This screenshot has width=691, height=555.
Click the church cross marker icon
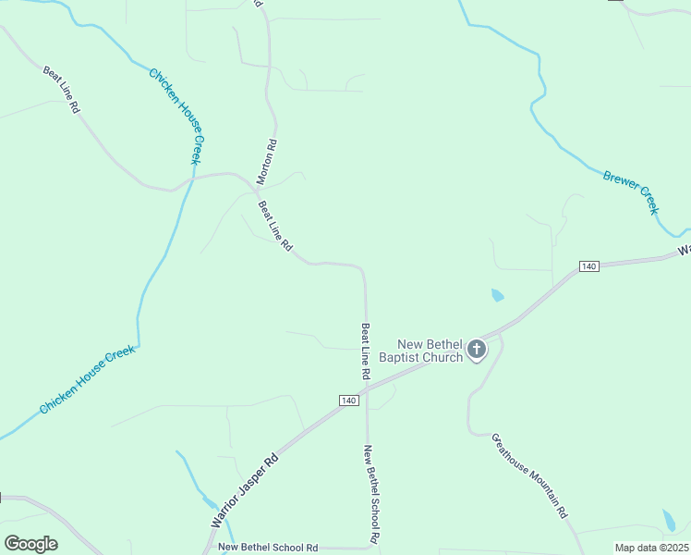pos(477,349)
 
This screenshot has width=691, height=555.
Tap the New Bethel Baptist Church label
pos(430,351)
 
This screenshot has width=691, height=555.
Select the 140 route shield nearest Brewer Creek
pos(589,266)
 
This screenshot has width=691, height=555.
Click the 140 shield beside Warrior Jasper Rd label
pos(347,400)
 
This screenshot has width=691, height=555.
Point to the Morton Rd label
pos(266,159)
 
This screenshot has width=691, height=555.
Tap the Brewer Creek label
pos(631,191)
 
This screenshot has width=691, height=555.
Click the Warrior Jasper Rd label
pos(245,490)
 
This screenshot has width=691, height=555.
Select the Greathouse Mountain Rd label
pos(529,475)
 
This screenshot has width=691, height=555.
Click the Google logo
pos(30,543)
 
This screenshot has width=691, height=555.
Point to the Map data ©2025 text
pos(651,548)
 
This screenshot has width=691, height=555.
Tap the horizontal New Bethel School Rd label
pos(268,548)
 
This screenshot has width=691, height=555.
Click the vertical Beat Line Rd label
pos(366,351)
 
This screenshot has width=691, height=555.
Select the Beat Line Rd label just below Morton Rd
pos(275,227)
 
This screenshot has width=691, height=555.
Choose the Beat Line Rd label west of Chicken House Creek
pos(61,89)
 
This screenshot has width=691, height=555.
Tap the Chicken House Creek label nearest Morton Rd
pos(175,116)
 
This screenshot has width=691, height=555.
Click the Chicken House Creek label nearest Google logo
pos(87,379)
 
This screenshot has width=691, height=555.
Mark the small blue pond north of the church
pos(498,296)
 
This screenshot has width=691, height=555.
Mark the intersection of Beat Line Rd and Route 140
pos(367,388)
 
